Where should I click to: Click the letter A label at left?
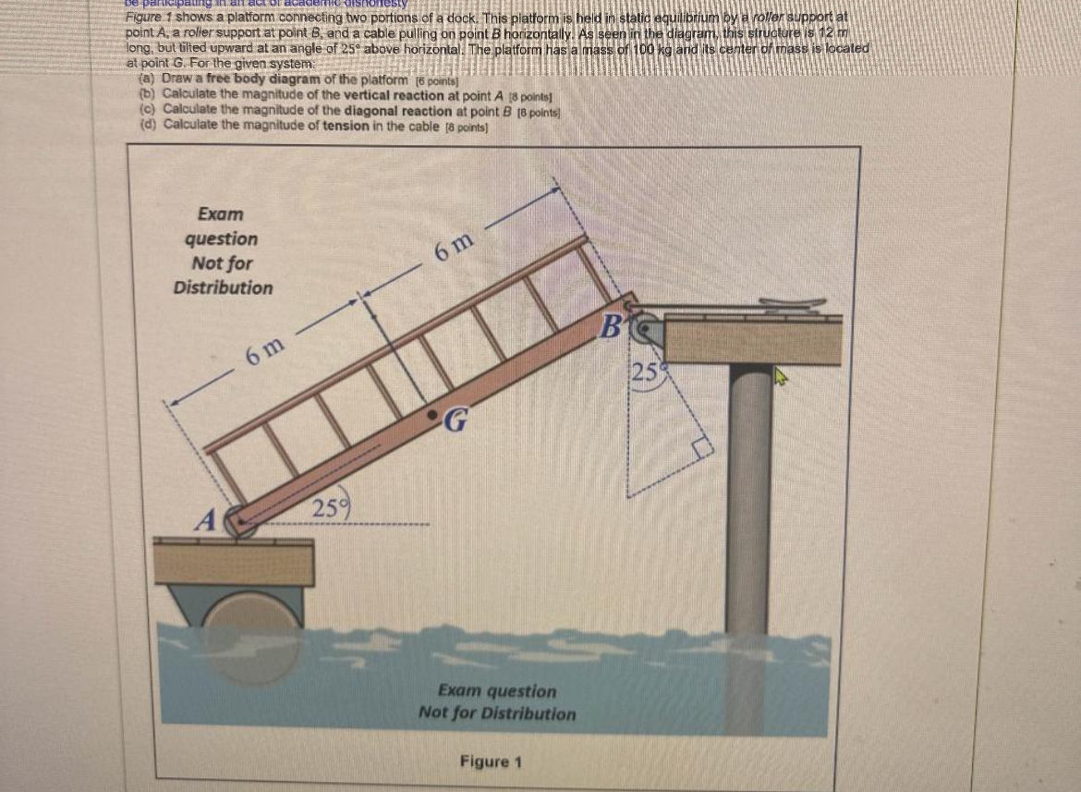(x=205, y=520)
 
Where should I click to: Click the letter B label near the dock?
(x=613, y=325)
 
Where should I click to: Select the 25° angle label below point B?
(x=645, y=373)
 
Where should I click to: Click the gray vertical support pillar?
(x=748, y=499)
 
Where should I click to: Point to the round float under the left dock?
(x=242, y=625)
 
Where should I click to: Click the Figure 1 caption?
(x=492, y=762)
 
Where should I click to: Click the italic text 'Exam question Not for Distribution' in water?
(x=497, y=702)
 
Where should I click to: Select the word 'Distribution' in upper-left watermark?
(x=224, y=287)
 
